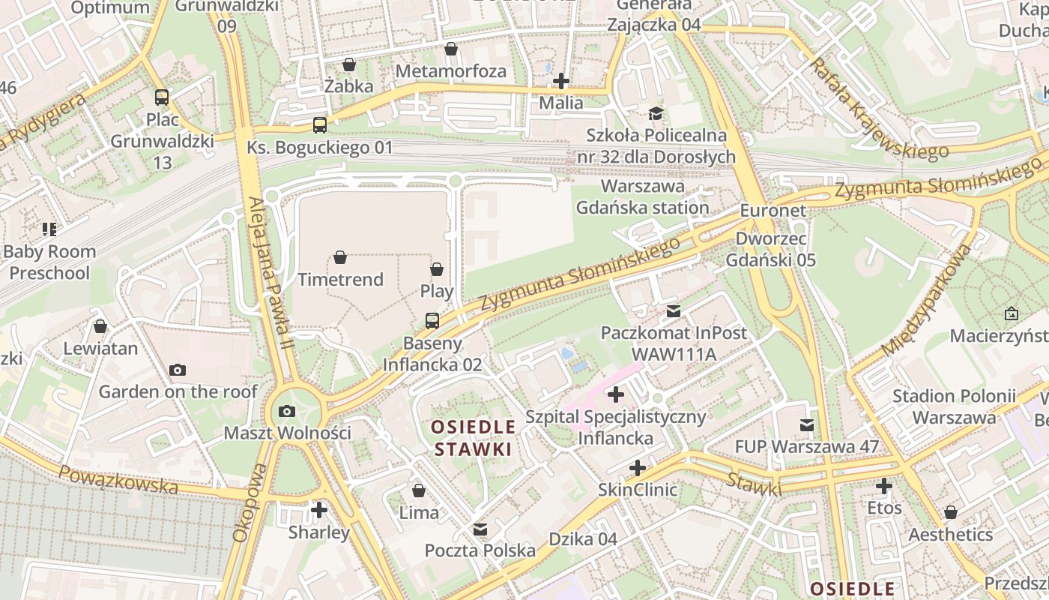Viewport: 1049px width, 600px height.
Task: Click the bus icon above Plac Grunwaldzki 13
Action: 162,97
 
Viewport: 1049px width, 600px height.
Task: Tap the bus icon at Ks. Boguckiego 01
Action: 320,124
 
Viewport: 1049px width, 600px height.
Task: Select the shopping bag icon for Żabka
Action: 348,64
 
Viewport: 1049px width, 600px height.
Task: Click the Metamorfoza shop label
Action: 451,71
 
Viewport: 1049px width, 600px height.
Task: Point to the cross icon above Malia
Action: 560,80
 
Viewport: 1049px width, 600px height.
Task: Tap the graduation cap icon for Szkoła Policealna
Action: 656,113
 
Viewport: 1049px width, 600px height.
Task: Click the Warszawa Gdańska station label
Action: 643,196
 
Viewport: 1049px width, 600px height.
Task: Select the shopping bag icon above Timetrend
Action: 340,257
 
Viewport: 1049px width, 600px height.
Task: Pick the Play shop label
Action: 437,291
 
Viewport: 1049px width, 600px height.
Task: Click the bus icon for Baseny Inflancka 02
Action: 432,321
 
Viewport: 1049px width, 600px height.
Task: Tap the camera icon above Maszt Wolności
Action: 286,411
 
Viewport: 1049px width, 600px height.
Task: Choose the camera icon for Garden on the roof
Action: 178,370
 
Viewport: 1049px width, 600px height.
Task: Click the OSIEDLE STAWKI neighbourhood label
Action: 474,438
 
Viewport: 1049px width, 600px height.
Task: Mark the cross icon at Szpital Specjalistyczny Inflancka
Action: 616,394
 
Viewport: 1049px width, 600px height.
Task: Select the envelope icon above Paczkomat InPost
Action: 674,310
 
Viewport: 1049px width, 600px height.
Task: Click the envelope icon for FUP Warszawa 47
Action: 807,425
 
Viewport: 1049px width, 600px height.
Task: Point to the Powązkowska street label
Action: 118,479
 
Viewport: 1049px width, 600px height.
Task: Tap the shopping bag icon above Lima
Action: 419,490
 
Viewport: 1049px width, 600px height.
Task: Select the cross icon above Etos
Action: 884,486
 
